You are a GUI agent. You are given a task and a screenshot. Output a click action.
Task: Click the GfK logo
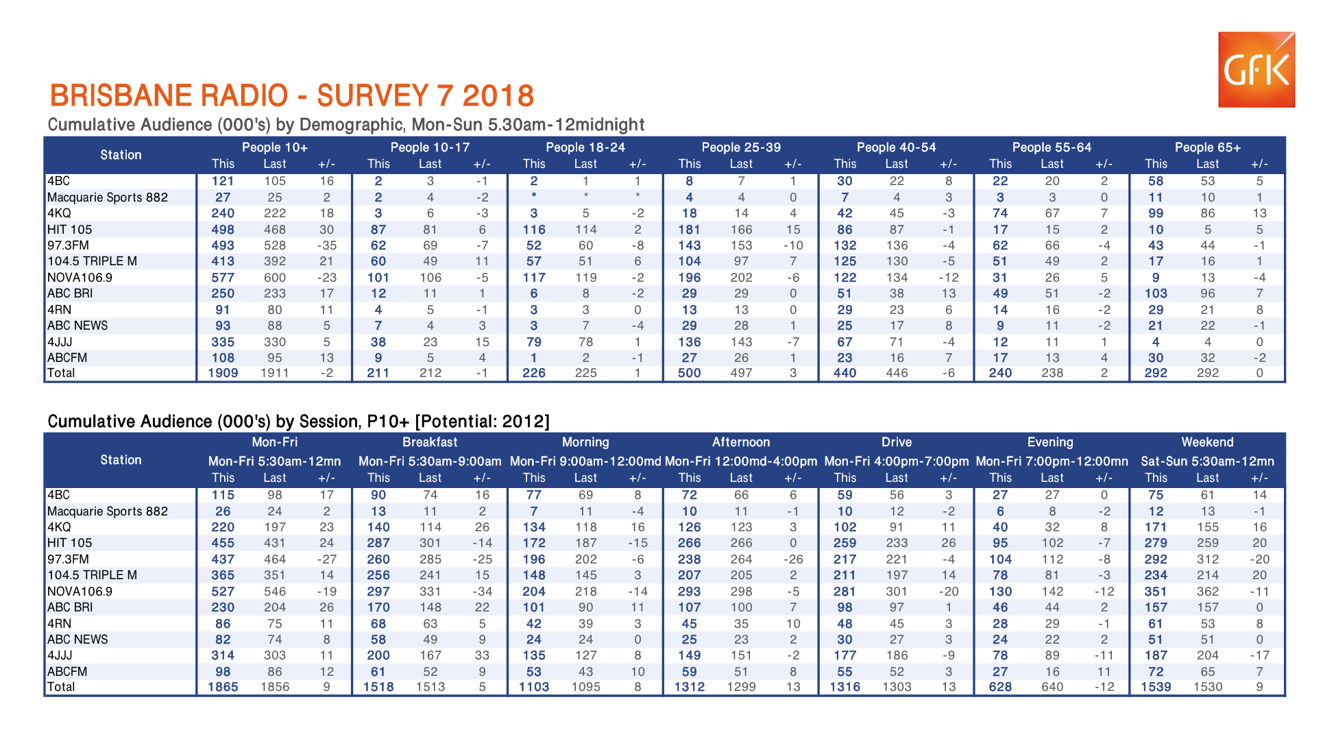click(1256, 69)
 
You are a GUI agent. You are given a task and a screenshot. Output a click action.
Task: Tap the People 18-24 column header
click(585, 147)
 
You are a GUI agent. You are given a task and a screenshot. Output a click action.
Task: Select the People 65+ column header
click(1207, 147)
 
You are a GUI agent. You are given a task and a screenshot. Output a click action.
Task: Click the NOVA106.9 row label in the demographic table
click(80, 278)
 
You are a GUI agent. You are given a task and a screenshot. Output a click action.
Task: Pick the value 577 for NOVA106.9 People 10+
click(223, 278)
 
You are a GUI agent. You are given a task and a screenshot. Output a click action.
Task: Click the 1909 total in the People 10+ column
click(223, 373)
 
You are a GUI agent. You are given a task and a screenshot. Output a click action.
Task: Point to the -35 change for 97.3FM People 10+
click(326, 245)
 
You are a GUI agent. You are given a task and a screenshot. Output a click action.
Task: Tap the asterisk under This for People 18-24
click(534, 197)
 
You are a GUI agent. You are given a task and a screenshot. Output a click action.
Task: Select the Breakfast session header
click(430, 442)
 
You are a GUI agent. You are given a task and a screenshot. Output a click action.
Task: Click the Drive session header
click(896, 442)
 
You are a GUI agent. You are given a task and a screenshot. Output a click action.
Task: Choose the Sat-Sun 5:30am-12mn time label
click(1207, 461)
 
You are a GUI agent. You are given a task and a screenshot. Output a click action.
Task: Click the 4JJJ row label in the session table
click(60, 655)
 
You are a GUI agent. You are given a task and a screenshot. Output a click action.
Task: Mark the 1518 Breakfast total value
click(378, 687)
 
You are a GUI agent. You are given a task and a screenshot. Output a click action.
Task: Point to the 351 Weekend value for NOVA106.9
click(1156, 592)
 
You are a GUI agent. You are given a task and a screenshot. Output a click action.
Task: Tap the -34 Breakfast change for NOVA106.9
click(482, 592)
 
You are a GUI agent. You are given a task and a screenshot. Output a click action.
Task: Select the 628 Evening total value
click(1000, 687)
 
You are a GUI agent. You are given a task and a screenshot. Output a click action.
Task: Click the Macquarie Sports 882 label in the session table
click(108, 511)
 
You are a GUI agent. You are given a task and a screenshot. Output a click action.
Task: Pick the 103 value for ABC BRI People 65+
click(1156, 293)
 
